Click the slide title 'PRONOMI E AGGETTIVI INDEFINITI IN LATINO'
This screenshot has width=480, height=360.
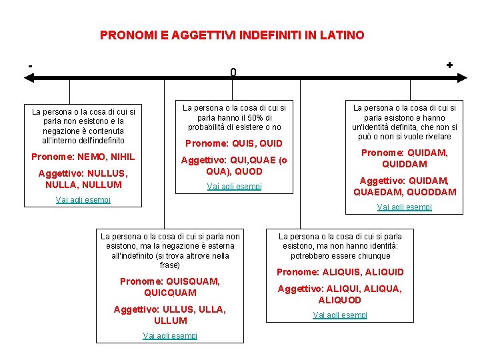coord(232,35)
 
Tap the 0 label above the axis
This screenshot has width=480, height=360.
coord(233,72)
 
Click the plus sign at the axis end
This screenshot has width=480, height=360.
coord(449,65)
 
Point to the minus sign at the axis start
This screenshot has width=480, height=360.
coord(30,65)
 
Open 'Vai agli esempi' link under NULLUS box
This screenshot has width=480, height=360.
coord(83,199)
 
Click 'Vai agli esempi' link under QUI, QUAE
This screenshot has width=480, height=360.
coord(234,187)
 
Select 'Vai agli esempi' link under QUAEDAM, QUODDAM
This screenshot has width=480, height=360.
coord(404,207)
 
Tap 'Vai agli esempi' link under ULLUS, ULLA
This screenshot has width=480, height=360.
coord(170,335)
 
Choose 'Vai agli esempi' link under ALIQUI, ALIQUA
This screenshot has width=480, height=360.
coord(340,315)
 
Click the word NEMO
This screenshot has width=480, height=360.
coord(90,157)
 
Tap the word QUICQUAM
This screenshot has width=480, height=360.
coord(170,293)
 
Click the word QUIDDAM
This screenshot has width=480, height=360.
coord(404,164)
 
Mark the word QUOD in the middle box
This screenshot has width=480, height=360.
coord(249,171)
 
